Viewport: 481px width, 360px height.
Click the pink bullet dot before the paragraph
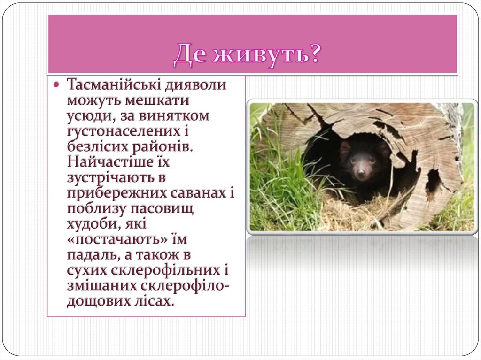click(x=56, y=85)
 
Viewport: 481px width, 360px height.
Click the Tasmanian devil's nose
click(x=361, y=173)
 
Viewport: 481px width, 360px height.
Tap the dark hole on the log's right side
click(x=433, y=181)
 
